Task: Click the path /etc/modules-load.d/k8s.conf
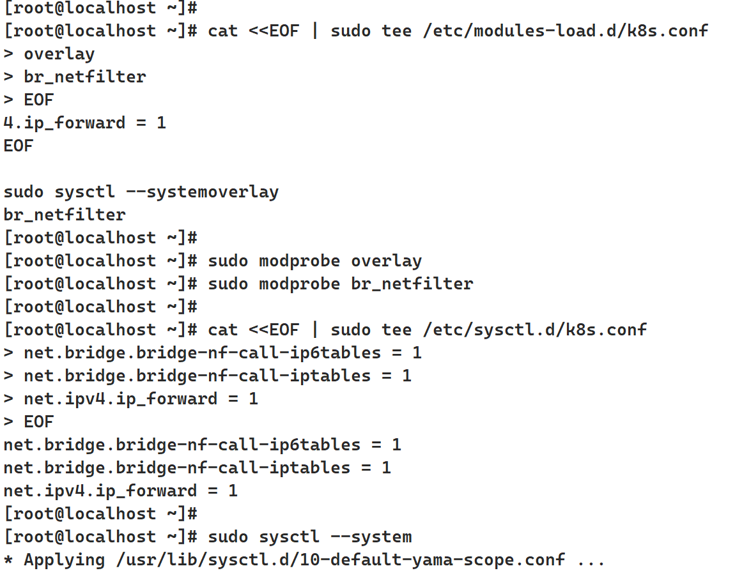[x=565, y=31]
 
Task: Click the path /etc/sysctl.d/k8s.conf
[x=534, y=330]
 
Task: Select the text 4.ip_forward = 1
[x=84, y=123]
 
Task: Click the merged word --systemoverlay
[x=213, y=192]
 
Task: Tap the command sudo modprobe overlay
[x=314, y=261]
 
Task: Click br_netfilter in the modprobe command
[x=412, y=284]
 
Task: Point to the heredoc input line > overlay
[x=49, y=54]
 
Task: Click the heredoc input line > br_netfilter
[x=75, y=77]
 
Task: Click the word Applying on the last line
[x=64, y=560]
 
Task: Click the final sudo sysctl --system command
[x=309, y=537]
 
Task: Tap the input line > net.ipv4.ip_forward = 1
[x=130, y=399]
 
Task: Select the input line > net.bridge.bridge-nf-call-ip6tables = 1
[x=212, y=353]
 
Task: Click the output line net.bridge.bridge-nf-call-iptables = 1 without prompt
[x=197, y=468]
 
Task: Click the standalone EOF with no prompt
[x=18, y=146]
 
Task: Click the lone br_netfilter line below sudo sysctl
[x=64, y=215]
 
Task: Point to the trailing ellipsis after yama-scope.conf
[x=591, y=560]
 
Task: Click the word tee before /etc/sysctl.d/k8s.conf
[x=396, y=330]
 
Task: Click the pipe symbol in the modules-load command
[x=314, y=31]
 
